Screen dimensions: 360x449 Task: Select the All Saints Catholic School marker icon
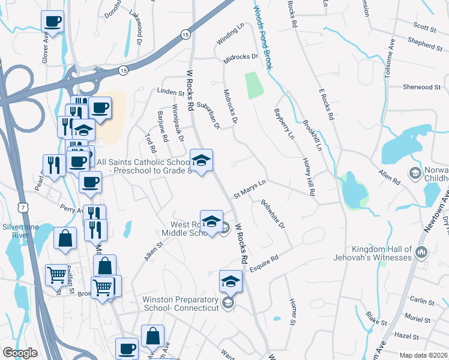coord(202,160)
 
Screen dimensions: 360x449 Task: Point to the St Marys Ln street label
coord(249,187)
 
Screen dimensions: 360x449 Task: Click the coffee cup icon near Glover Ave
coord(52,22)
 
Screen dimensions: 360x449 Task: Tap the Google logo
coord(20,353)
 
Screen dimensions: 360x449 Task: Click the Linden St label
coord(170,93)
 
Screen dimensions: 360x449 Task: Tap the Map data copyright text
coord(423,355)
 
